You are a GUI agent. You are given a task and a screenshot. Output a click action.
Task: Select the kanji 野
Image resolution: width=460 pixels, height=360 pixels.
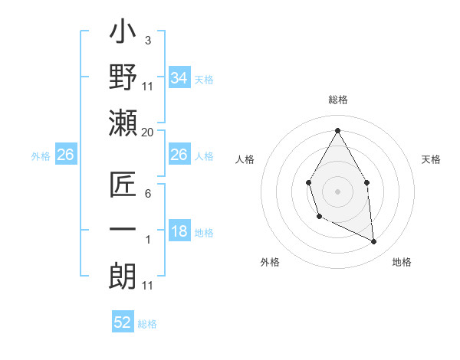pos(123,79)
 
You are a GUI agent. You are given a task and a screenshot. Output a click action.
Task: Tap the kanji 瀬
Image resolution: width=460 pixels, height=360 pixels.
pos(123,123)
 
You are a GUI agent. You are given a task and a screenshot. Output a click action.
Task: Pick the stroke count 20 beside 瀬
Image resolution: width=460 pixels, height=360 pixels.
pos(148,133)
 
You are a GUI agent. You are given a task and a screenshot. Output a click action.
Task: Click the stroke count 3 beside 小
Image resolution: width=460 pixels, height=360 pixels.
pos(148,40)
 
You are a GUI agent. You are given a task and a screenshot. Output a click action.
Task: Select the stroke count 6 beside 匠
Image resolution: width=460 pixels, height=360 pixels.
pos(148,194)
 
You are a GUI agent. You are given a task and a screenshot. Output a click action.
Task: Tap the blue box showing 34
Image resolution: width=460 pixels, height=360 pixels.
pos(179,77)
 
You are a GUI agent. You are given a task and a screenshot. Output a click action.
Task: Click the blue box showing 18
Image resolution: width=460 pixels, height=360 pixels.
pos(179,232)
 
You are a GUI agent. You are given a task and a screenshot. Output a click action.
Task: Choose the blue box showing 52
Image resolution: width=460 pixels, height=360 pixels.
pos(123,322)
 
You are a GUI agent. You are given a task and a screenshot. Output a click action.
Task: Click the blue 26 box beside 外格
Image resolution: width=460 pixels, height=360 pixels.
pos(65,155)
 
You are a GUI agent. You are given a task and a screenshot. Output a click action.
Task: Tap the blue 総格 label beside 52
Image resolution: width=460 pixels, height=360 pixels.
pos(147,324)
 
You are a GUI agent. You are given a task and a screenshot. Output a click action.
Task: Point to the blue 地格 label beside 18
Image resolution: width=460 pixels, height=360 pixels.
pos(205,233)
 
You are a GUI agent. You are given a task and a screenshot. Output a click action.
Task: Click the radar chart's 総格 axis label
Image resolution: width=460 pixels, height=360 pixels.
pos(337,100)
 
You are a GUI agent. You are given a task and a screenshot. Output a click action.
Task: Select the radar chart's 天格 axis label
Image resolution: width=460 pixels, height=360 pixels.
pos(432,159)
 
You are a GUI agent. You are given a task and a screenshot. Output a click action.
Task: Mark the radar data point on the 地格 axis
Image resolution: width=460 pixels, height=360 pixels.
pos(374,242)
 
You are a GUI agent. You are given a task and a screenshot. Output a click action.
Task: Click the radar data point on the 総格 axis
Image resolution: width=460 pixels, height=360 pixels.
pos(337,130)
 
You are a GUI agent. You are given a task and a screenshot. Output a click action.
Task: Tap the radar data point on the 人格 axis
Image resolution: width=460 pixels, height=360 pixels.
pos(308,182)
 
